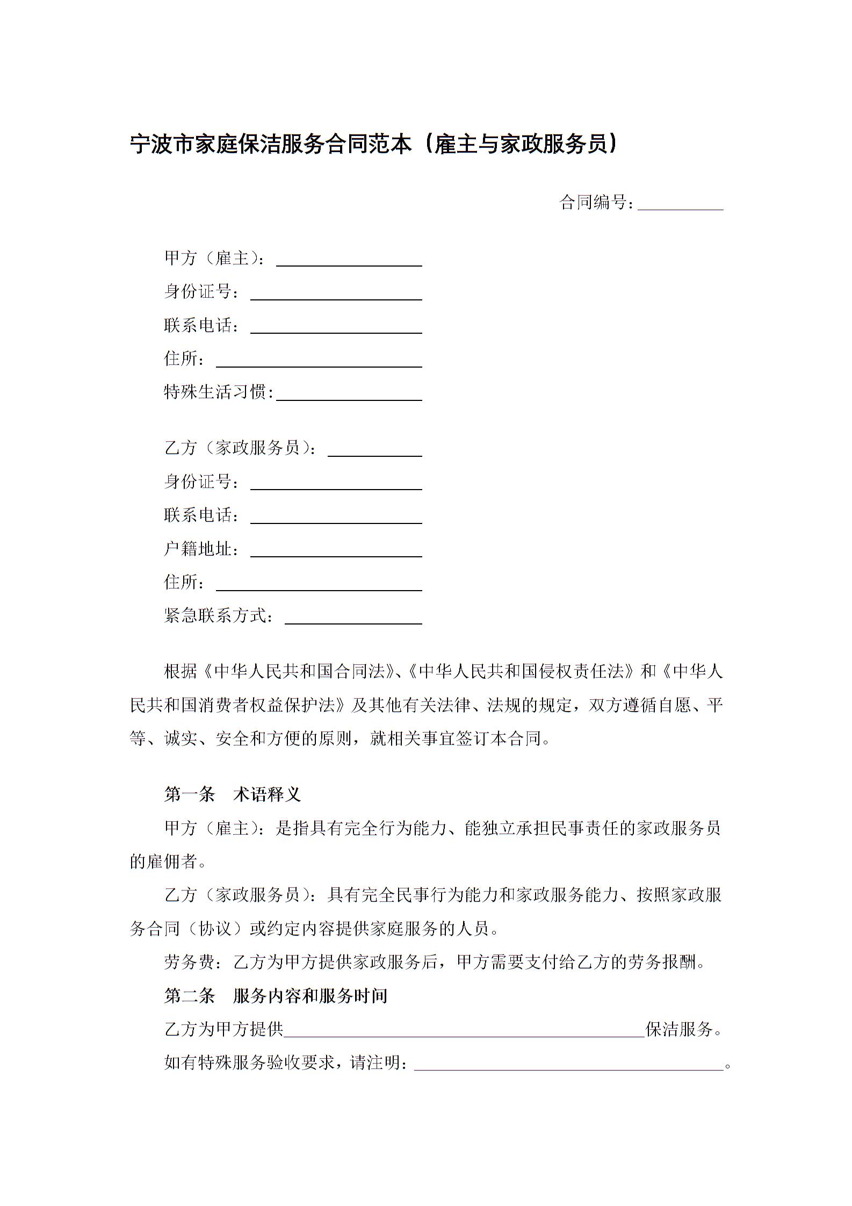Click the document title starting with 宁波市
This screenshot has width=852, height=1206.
click(373, 145)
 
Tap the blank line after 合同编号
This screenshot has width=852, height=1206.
click(680, 204)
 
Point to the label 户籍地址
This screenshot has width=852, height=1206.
click(198, 549)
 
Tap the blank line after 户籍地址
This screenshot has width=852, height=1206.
click(336, 551)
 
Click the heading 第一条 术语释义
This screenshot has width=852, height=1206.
click(232, 794)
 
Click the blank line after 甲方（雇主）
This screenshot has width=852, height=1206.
click(349, 261)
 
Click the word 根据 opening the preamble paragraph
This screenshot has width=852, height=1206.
click(181, 672)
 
